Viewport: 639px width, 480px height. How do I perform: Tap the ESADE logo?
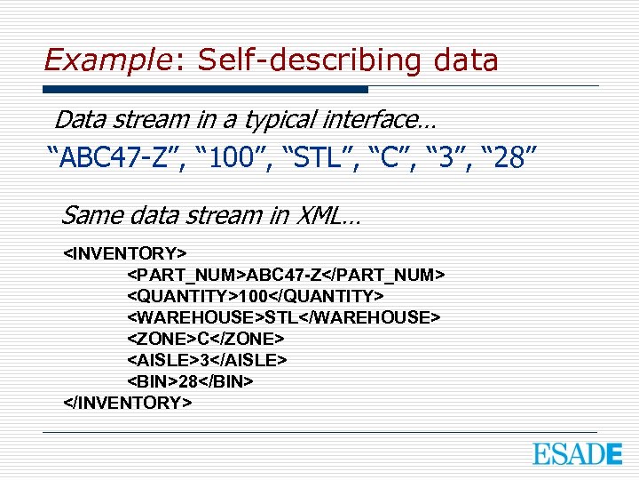pos(577,453)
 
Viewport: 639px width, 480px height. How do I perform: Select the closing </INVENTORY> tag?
pos(128,403)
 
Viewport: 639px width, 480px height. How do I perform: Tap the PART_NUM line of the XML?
pos(286,275)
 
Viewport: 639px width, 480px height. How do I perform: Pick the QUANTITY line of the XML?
pos(256,296)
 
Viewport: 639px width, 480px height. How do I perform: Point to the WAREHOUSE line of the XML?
pos(284,317)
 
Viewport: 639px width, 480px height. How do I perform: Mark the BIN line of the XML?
pos(191,381)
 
